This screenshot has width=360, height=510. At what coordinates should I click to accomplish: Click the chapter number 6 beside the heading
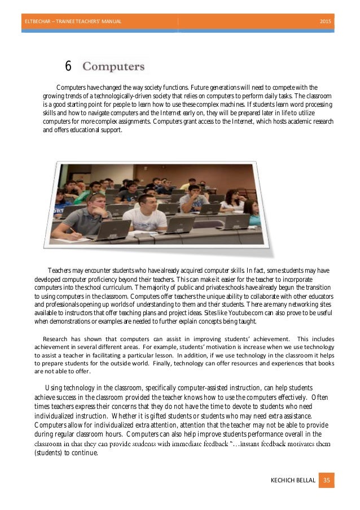[68, 67]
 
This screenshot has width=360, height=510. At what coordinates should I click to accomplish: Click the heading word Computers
[114, 67]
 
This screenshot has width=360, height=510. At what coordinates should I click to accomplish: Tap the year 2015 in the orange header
[326, 21]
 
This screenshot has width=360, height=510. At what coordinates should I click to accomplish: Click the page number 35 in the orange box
[326, 480]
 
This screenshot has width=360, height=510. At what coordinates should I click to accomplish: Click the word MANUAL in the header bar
[109, 21]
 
